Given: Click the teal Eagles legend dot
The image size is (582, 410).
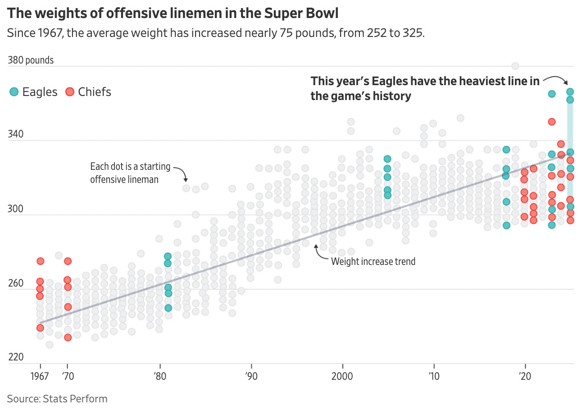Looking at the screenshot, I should (14, 92).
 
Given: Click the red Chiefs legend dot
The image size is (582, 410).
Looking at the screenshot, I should (70, 92).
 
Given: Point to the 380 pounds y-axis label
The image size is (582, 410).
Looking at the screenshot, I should (31, 60).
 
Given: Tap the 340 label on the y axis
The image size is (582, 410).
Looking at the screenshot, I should (16, 135).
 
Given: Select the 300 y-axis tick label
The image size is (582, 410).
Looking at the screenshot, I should (16, 209).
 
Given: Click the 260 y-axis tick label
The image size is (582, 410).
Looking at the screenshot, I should (16, 284).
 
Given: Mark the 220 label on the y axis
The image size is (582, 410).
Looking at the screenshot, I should (16, 358).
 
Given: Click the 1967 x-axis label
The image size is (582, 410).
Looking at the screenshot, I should (40, 375).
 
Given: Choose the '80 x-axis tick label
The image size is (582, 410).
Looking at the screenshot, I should (159, 375).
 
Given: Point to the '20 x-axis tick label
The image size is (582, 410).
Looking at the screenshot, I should (524, 375).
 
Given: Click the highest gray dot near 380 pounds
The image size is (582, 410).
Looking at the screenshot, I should (515, 66).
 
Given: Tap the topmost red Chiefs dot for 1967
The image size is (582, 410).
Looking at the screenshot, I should (40, 261).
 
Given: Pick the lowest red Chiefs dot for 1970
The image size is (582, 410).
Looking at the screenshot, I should (68, 337).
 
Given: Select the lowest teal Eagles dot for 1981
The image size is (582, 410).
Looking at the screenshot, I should (168, 308).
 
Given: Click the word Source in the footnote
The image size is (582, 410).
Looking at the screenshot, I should (23, 399).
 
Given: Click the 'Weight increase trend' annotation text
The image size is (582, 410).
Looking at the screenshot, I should (373, 261).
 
